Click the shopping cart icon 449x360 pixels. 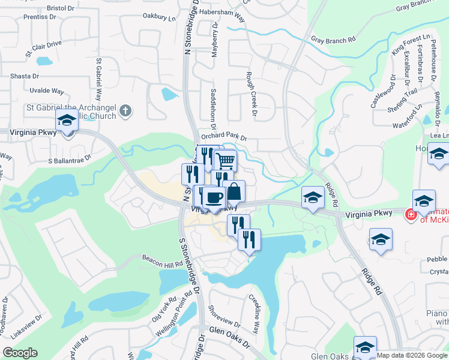225,161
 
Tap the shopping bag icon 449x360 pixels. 235,192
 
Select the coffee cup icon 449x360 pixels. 214,197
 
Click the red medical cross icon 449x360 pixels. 411,214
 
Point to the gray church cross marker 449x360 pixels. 125,110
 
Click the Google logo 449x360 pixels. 20,353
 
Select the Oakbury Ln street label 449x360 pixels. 160,18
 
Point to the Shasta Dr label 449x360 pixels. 25,76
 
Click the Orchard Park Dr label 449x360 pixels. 224,137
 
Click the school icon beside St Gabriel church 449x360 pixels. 67,121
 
